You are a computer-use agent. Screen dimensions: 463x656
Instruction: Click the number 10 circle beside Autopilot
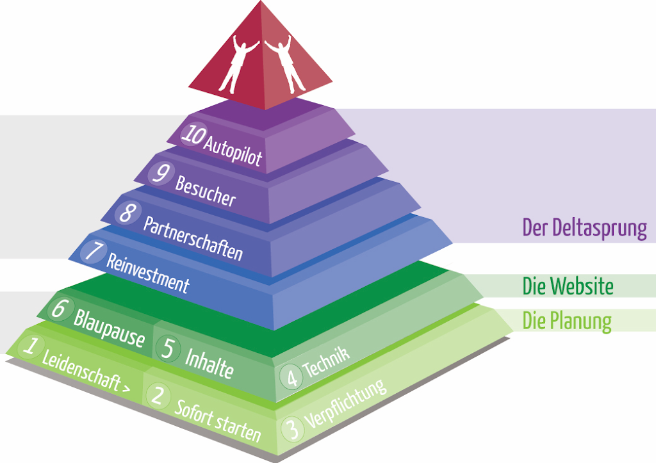coord(192,134)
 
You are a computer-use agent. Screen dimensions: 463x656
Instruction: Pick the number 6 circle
coord(59,309)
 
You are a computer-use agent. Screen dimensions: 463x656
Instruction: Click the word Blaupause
coord(109,328)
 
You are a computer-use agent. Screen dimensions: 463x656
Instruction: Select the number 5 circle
coord(168,349)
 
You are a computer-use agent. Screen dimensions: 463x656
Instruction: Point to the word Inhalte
coord(209,362)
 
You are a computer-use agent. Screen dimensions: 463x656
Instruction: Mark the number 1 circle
coord(29,347)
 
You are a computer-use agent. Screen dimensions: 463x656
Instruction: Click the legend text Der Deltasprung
coord(584,228)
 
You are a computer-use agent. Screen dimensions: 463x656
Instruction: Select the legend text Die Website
coord(568,286)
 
